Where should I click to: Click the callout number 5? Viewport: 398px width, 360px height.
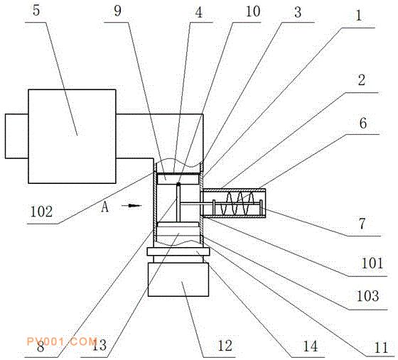coord(36,11)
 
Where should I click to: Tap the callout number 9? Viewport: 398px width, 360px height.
coord(117,11)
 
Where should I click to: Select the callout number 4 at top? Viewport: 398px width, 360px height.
coord(199,12)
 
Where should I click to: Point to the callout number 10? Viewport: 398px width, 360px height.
coord(253,11)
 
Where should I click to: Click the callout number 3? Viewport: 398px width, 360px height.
coord(298,12)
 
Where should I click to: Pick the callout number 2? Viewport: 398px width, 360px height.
coord(362,80)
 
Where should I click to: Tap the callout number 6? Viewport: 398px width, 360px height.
coord(363,124)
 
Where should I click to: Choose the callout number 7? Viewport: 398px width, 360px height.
coord(362,224)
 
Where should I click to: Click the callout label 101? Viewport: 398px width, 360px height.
coord(372,263)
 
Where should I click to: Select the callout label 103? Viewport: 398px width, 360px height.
coord(368,295)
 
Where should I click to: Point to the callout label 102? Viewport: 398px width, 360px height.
coord(41,212)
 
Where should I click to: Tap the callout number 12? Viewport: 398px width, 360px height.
coord(225,346)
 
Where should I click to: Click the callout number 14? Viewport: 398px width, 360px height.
coord(311,346)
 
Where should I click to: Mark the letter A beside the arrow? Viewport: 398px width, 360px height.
coord(105,207)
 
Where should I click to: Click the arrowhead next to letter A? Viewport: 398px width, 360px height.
coord(135,205)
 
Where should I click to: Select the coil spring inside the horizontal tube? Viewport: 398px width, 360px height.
coord(237,203)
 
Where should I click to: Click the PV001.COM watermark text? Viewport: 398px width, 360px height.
coord(61,342)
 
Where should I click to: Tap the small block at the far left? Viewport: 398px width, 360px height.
coord(17,136)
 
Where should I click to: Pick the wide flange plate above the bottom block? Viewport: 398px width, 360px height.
coord(178,252)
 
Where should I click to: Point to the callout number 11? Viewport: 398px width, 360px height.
coord(382,348)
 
